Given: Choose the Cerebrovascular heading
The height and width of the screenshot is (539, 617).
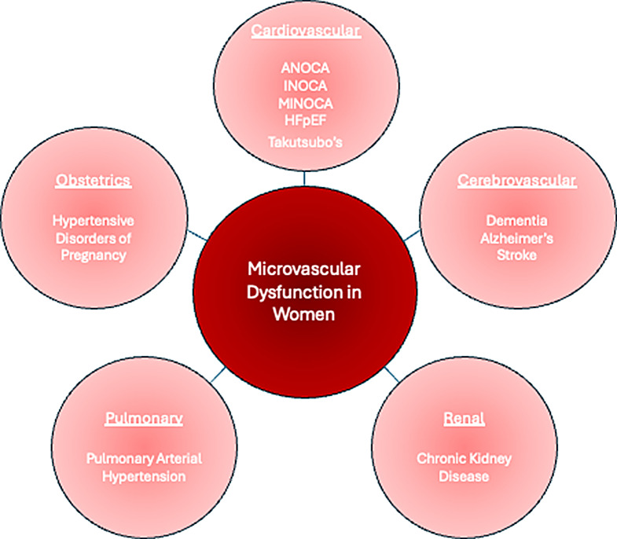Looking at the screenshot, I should (x=516, y=181).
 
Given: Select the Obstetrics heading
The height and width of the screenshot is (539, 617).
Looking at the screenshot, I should (x=92, y=181).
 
